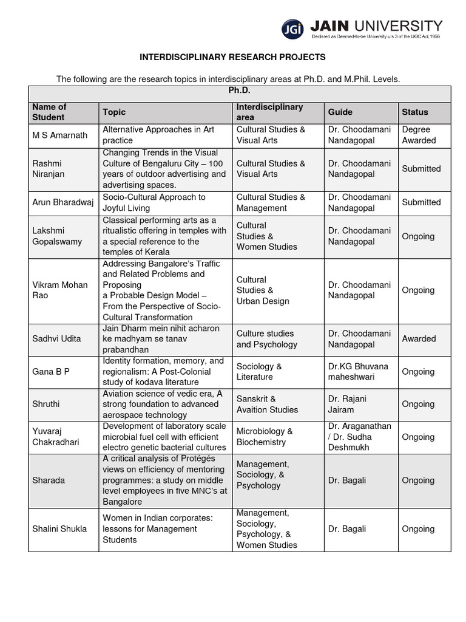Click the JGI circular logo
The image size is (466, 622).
pyautogui.click(x=292, y=29)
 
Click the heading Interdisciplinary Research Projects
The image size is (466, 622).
pyautogui.click(x=232, y=57)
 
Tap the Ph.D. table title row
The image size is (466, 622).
pyautogui.click(x=239, y=91)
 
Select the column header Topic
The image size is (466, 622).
pyautogui.click(x=114, y=112)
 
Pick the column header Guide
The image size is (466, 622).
pyautogui.click(x=340, y=112)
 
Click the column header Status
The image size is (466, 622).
pyautogui.click(x=414, y=112)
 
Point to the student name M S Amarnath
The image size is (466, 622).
pyautogui.click(x=59, y=135)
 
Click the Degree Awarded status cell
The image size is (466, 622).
pyautogui.click(x=419, y=135)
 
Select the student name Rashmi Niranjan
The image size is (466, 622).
pyautogui.click(x=48, y=169)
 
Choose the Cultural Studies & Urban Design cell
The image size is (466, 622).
pyautogui.click(x=263, y=290)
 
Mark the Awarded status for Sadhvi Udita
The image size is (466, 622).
pyautogui.click(x=419, y=339)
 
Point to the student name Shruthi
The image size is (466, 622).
pyautogui.click(x=46, y=404)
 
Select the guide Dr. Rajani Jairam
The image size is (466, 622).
pyautogui.click(x=347, y=404)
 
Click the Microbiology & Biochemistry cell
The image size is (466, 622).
pyautogui.click(x=265, y=437)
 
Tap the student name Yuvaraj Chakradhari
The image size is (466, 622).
pyautogui.click(x=56, y=437)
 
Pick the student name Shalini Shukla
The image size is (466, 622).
pyautogui.click(x=59, y=529)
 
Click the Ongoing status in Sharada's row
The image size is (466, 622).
pyautogui.click(x=418, y=480)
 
